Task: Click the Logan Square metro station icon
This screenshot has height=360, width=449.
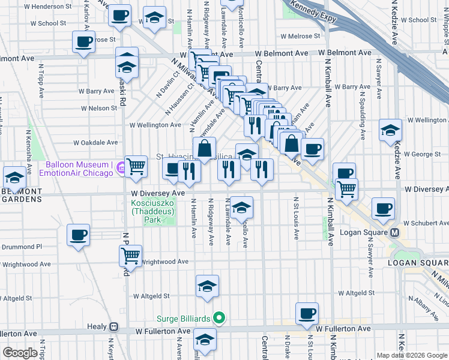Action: click(x=395, y=232)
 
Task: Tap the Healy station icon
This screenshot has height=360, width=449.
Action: click(x=113, y=328)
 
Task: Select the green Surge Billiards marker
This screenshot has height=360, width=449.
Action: click(x=220, y=317)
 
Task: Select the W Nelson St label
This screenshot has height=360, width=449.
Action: click(x=97, y=108)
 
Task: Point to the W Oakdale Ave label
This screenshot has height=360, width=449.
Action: click(x=96, y=143)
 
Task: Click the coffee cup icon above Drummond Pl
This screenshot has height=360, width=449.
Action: click(x=78, y=235)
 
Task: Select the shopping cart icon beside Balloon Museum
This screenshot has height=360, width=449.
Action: click(x=136, y=167)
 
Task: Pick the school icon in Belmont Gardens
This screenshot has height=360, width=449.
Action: click(x=14, y=177)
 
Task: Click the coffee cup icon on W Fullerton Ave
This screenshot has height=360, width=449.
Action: click(x=307, y=313)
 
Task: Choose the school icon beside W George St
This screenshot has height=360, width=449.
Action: click(x=390, y=130)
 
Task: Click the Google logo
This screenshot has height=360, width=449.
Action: click(x=21, y=353)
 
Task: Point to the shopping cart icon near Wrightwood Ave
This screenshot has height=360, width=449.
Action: click(x=130, y=256)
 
